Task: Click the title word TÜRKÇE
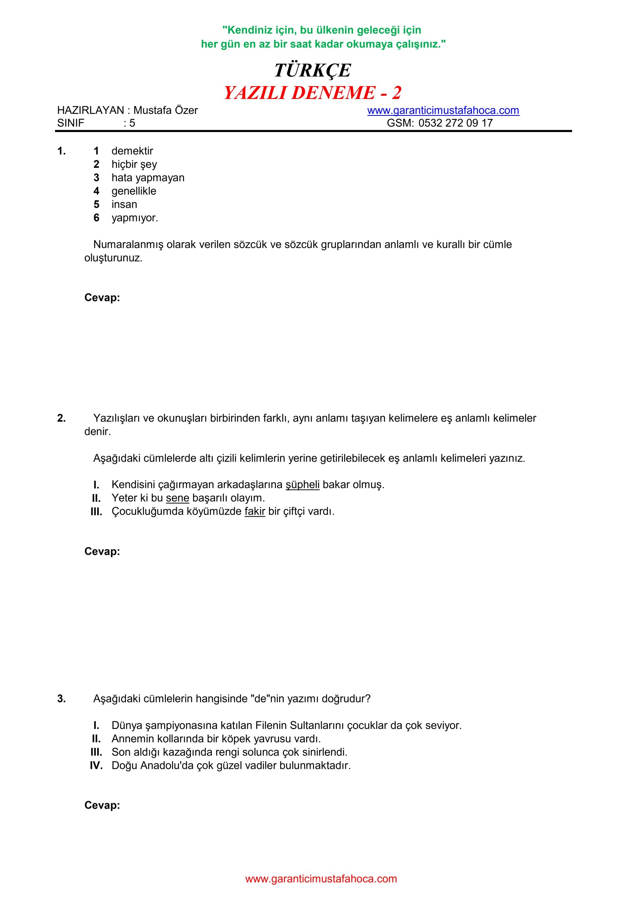[312, 70]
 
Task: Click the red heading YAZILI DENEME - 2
[312, 93]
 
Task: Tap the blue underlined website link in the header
[443, 111]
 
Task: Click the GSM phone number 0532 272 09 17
[455, 123]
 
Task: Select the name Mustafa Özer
[165, 110]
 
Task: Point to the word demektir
[132, 151]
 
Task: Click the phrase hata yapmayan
[148, 178]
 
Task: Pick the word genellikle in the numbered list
[134, 191]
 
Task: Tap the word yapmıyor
[134, 218]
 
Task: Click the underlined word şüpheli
[302, 485]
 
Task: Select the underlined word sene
[178, 498]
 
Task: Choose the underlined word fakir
[255, 511]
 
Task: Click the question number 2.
[61, 418]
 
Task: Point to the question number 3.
[61, 699]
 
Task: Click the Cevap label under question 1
[102, 298]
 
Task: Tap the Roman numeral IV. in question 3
[96, 766]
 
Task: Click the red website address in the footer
[321, 879]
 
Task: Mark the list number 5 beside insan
[96, 204]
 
